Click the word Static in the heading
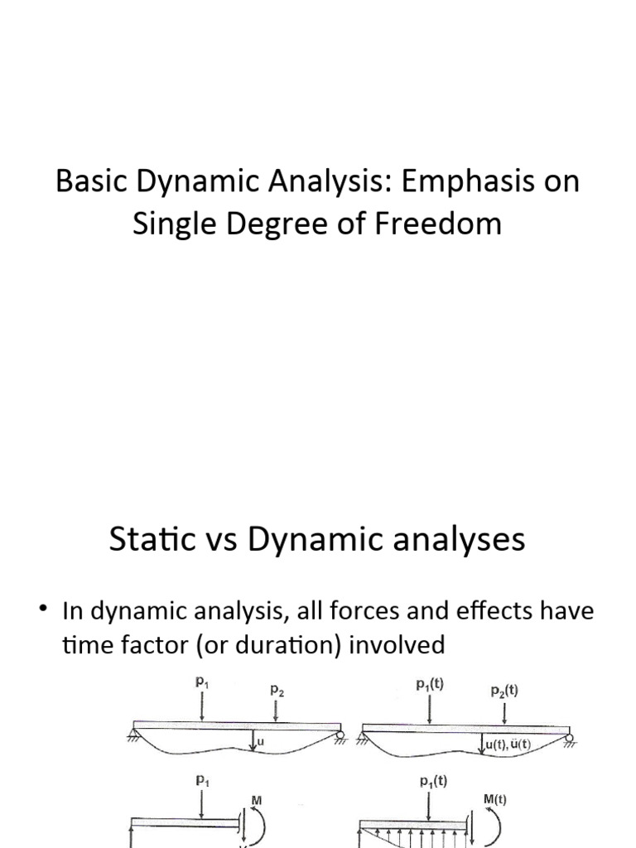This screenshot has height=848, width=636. (147, 540)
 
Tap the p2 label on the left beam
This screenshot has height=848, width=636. (276, 689)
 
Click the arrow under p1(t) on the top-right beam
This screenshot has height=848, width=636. (430, 707)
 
